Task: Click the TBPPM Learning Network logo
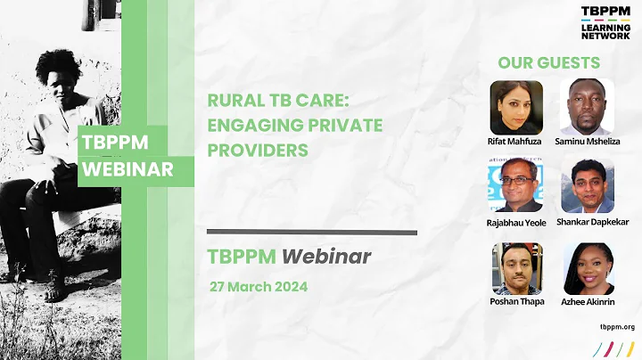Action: click(605, 23)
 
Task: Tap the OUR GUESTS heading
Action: click(548, 63)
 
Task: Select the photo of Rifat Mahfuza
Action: click(516, 107)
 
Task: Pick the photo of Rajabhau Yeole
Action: click(516, 185)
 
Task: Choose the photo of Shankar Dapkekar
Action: click(587, 185)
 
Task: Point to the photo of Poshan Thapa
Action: click(516, 268)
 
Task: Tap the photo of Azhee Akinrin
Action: click(588, 268)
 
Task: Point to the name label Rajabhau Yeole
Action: click(516, 223)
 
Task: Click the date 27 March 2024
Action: click(259, 287)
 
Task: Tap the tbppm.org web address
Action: click(618, 328)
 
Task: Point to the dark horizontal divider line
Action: click(311, 233)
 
